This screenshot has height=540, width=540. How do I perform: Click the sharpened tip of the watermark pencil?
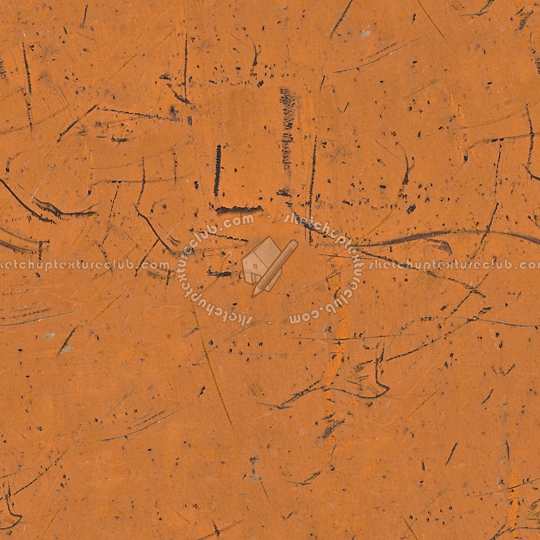[256, 293]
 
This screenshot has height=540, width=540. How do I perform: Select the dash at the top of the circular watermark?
[270, 216]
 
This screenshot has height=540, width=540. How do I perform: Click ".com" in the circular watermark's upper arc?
[240, 221]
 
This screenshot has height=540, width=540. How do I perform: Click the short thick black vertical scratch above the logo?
[217, 170]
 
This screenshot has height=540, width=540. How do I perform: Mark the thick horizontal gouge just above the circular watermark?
[238, 209]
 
